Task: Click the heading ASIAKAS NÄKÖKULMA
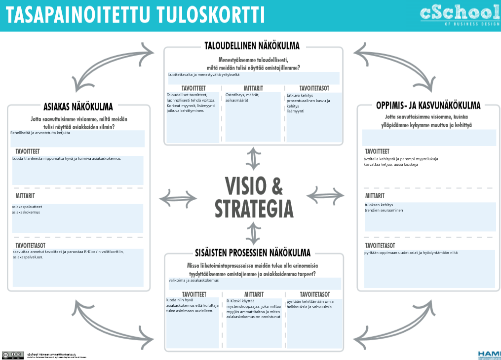(x=78, y=107)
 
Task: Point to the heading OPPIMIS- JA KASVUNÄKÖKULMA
(x=428, y=105)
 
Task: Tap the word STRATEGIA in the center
(x=254, y=209)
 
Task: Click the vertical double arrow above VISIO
(x=254, y=158)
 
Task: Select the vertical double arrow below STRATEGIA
(x=254, y=233)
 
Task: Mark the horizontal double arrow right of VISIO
(x=327, y=193)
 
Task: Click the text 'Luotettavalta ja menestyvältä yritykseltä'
(x=204, y=75)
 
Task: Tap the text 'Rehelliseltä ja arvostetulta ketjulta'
(x=40, y=133)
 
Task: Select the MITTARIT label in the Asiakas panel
(x=25, y=196)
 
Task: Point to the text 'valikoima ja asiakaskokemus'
(x=193, y=281)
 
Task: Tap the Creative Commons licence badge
(x=12, y=355)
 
